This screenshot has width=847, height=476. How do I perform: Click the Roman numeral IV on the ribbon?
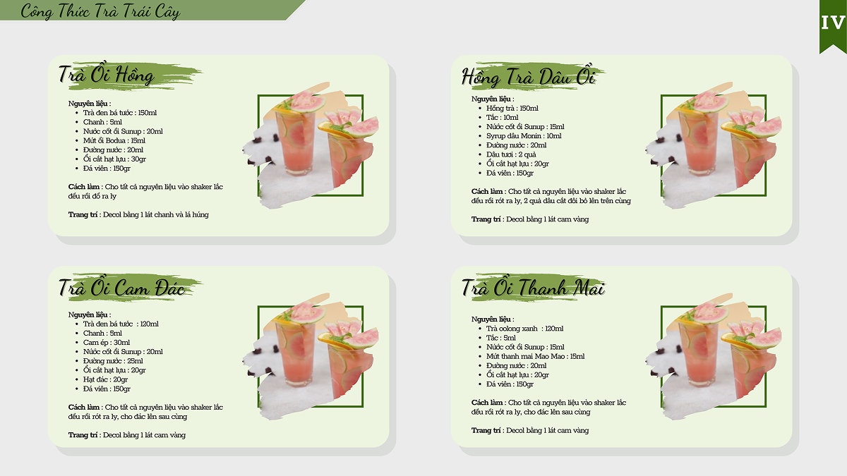[833, 23]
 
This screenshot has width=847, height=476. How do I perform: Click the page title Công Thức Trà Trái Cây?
[100, 11]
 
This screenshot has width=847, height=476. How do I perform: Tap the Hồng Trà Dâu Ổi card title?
[529, 75]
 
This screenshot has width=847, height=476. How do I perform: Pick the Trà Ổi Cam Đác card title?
[121, 287]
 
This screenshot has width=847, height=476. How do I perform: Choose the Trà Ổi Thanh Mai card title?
[533, 287]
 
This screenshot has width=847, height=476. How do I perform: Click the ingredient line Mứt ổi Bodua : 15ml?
[114, 140]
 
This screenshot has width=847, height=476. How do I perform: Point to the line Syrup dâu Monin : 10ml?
[524, 136]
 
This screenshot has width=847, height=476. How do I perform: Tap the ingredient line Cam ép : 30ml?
[107, 343]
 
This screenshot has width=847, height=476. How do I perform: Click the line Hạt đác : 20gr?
[105, 379]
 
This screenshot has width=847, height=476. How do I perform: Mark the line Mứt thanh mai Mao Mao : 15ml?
[536, 356]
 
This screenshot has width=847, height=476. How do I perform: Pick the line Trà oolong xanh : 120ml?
[525, 329]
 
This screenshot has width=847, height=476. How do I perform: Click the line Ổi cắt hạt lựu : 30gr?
[114, 159]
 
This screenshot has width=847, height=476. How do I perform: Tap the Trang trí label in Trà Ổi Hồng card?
[83, 214]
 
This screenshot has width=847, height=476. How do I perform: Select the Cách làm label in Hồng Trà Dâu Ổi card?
[486, 192]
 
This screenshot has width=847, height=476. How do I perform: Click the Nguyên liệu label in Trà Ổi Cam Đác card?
[89, 315]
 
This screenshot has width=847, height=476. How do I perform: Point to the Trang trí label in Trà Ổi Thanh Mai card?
[486, 430]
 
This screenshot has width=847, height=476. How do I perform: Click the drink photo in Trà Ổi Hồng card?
[311, 145]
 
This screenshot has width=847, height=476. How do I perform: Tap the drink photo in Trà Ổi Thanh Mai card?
[714, 357]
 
